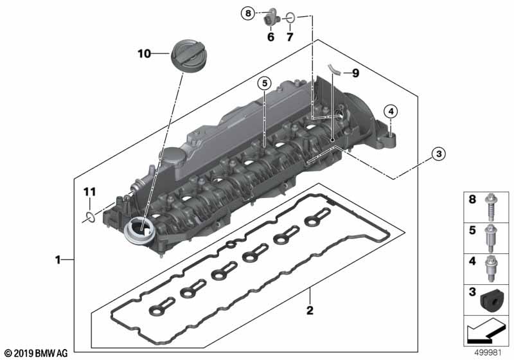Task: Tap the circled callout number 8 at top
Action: click(x=248, y=14)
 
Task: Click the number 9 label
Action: click(x=355, y=73)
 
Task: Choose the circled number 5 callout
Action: click(x=264, y=84)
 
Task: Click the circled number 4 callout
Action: click(x=391, y=112)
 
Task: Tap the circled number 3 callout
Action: click(x=439, y=154)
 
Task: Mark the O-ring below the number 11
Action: click(x=89, y=217)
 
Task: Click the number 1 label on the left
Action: click(x=58, y=260)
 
